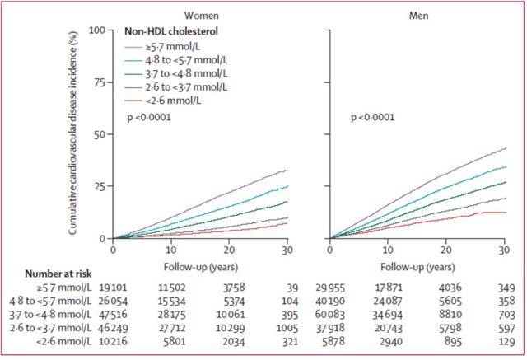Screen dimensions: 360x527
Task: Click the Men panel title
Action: click(417, 15)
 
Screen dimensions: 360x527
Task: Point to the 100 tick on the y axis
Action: click(97, 30)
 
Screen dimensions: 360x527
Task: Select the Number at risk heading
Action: click(46, 274)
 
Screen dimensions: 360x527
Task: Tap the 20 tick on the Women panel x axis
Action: click(228, 250)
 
